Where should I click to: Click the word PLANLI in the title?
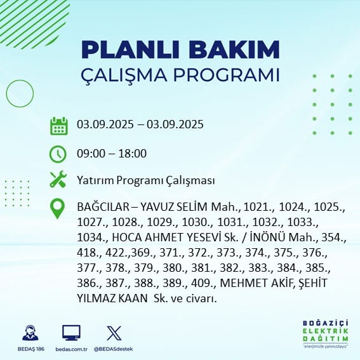tap(130, 50)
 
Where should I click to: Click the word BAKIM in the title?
tap(234, 50)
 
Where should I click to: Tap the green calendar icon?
tap(59, 126)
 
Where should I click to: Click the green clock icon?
tap(58, 154)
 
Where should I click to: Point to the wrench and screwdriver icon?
tap(58, 180)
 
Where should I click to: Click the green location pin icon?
tap(57, 208)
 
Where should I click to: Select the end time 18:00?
tap(132, 154)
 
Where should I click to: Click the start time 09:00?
tap(91, 154)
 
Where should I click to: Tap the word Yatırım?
tap(95, 180)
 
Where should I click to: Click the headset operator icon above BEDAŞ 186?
tap(30, 333)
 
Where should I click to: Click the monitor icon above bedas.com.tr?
tap(71, 333)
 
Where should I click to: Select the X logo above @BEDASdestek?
tap(114, 333)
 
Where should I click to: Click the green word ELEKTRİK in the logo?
tap(326, 331)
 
